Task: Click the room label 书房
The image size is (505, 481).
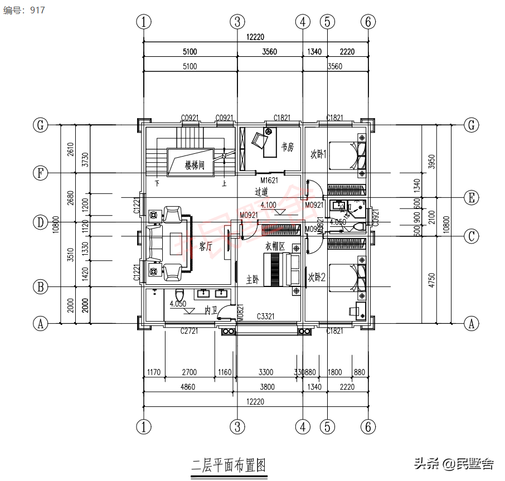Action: [287, 147]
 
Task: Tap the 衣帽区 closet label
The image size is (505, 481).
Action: [275, 246]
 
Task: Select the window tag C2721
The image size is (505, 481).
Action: [190, 332]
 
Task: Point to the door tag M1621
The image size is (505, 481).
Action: [269, 180]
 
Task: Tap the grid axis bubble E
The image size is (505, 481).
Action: [472, 198]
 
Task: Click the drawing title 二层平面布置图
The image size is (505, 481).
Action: [228, 465]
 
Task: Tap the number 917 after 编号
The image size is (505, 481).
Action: [36, 10]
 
